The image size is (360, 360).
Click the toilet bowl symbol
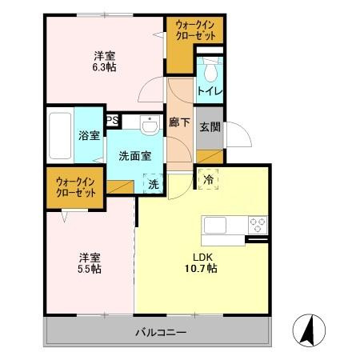[x=210, y=69]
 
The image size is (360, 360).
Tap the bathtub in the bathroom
[x=60, y=135]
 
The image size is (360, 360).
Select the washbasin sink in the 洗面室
[x=150, y=125]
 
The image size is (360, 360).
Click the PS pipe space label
[x=113, y=120]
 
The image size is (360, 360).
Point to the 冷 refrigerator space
[x=208, y=179]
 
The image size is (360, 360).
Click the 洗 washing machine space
[x=153, y=183]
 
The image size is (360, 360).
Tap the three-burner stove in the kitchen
[x=258, y=225]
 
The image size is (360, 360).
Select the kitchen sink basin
[x=215, y=225]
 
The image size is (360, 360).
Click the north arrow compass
[x=309, y=330]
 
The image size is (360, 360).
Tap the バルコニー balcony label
[x=161, y=332]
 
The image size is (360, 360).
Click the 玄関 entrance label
[x=210, y=127]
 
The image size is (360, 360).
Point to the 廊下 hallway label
[x=179, y=122]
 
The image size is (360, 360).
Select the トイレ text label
[x=210, y=91]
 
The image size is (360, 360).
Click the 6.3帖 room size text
[x=104, y=67]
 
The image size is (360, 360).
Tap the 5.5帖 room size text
[x=90, y=269]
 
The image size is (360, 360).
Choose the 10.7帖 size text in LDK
[x=201, y=268]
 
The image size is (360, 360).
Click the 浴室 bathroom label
[x=89, y=135]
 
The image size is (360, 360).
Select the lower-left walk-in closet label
[x=76, y=187]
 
